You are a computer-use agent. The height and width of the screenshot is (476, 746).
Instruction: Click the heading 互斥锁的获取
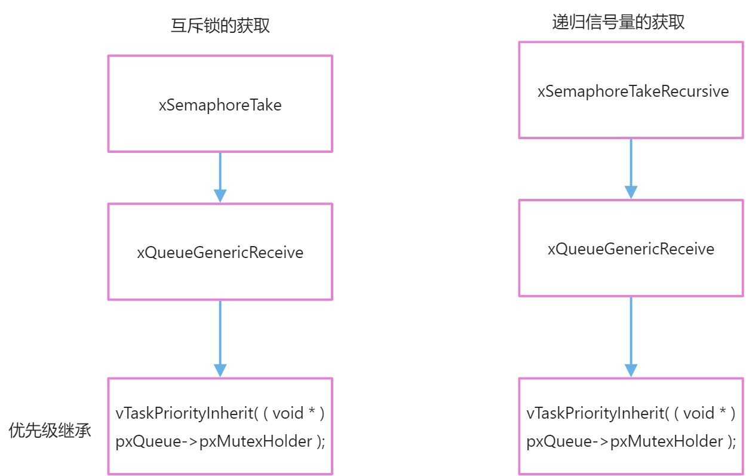(220, 26)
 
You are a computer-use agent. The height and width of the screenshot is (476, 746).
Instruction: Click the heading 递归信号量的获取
(618, 22)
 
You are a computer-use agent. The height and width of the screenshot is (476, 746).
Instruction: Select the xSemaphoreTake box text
(220, 105)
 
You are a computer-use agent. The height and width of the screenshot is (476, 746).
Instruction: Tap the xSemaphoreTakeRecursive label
(633, 91)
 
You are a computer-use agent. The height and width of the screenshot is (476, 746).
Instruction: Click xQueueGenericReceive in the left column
(220, 253)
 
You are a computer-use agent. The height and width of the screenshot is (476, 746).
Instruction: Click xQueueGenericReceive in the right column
(631, 249)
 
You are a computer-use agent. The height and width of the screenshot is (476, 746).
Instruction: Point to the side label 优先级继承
(50, 430)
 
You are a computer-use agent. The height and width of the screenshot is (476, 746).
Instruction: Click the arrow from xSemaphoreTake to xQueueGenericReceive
(220, 177)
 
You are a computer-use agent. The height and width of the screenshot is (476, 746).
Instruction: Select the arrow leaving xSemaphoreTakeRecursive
(631, 169)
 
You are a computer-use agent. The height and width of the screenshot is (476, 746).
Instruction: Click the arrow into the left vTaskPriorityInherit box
(220, 339)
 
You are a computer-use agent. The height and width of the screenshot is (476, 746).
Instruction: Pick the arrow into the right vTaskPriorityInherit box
(631, 337)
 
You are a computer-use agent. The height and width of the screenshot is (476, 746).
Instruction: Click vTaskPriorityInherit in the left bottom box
(185, 414)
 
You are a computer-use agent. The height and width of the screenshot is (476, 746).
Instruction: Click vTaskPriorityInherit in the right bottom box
(595, 414)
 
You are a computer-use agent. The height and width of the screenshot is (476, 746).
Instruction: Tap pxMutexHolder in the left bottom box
(256, 442)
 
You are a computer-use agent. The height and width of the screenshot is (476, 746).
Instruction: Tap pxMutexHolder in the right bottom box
(667, 442)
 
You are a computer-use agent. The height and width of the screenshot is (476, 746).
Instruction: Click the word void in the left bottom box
(288, 413)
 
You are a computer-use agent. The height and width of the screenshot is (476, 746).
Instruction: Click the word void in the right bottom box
(699, 413)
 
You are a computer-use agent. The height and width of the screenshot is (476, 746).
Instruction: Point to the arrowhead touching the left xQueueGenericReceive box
(220, 196)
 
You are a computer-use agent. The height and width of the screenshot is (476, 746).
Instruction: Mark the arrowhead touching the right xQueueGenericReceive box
(631, 192)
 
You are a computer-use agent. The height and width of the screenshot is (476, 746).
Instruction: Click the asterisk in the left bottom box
(312, 410)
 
